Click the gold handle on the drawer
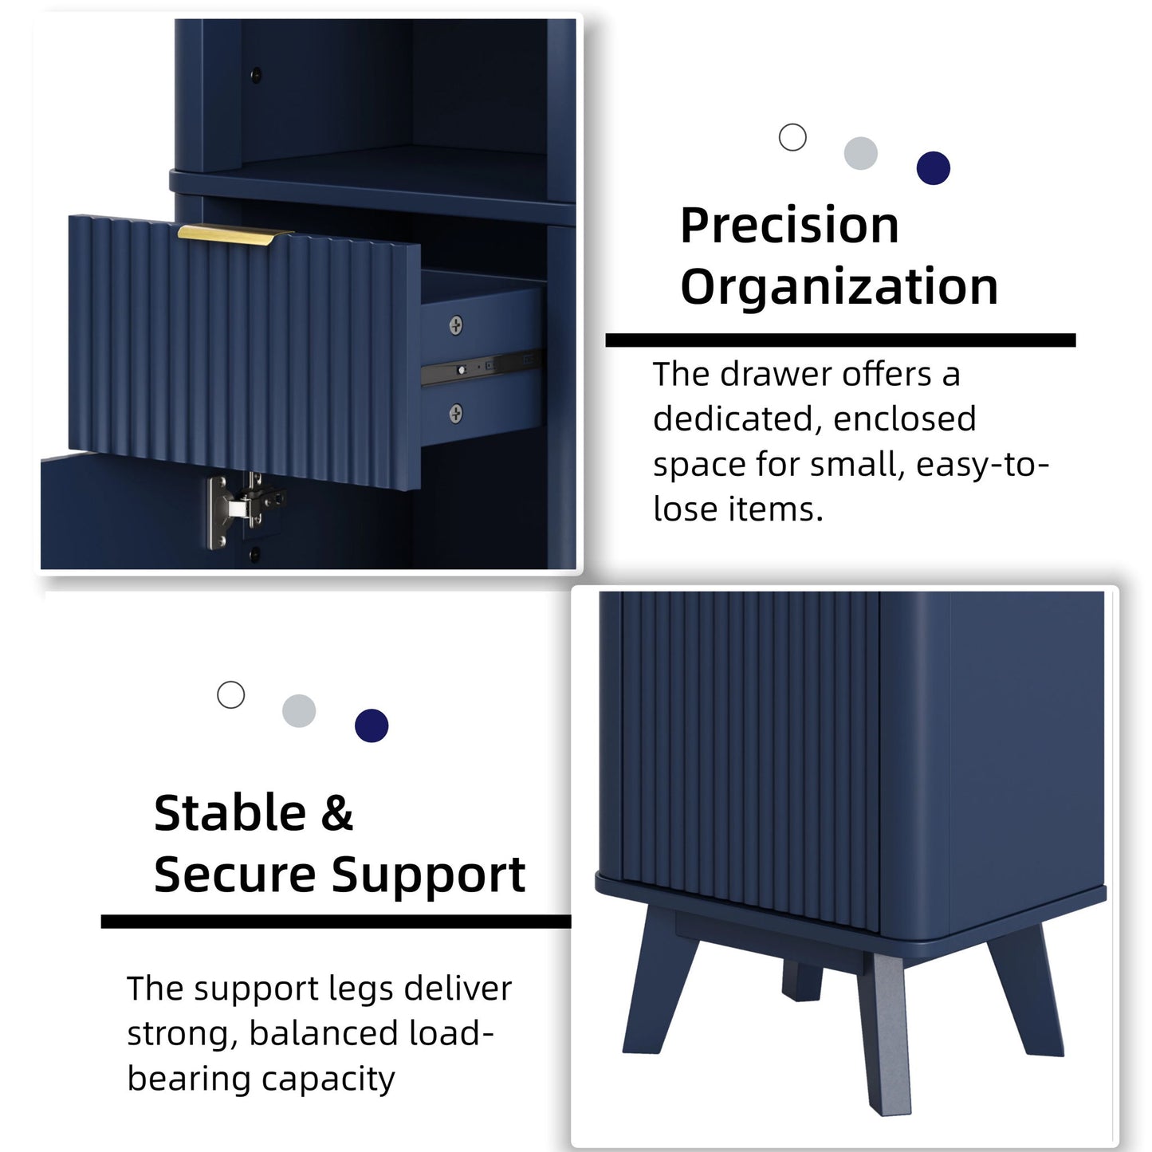click(233, 234)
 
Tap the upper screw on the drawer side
click(455, 325)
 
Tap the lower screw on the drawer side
click(455, 413)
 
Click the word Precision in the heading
click(790, 226)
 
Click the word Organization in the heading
click(839, 287)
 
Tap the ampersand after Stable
click(337, 813)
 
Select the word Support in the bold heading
click(429, 876)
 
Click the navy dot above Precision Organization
click(934, 168)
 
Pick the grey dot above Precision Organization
click(861, 153)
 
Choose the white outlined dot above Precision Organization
click(792, 137)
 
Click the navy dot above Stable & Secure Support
click(372, 725)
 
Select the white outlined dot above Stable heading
click(230, 694)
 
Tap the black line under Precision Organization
click(840, 340)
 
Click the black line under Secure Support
click(336, 922)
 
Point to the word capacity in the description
click(328, 1080)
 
